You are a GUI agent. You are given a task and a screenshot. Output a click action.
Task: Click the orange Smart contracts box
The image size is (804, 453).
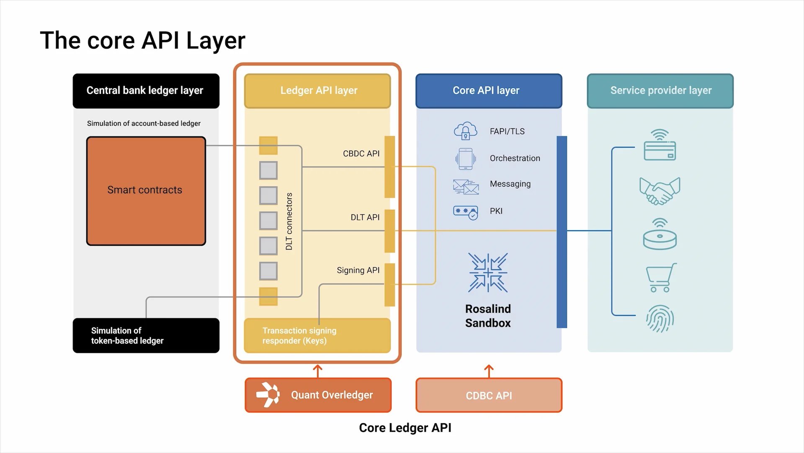pos(146,191)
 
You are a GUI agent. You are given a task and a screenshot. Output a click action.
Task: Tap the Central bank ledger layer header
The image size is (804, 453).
pos(146,91)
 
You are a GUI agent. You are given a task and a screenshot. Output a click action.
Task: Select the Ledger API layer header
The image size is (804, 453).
pos(317,91)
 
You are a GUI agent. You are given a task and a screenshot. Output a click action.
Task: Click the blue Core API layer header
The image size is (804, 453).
pos(488,91)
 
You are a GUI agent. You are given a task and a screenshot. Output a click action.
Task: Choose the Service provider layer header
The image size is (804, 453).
pos(660,91)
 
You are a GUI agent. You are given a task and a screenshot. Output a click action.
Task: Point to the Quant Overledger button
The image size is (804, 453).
pos(318,395)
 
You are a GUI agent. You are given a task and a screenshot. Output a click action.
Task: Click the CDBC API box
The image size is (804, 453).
pos(489,396)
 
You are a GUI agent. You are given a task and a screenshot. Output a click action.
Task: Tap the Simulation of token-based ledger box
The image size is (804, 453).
pos(146,336)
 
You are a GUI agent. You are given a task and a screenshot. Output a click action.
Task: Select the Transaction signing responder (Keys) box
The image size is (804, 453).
pos(317,336)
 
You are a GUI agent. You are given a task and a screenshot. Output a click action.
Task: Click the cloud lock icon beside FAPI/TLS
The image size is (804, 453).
pos(465,131)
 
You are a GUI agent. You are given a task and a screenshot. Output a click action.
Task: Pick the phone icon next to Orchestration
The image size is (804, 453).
pos(465,159)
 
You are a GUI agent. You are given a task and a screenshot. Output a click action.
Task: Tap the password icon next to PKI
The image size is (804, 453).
pos(466,212)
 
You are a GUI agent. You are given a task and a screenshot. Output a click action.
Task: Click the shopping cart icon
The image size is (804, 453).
pos(661,277)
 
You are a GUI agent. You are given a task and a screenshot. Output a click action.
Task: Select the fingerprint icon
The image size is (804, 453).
pos(660,319)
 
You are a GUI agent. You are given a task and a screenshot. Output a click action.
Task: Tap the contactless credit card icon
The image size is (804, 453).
pos(660,145)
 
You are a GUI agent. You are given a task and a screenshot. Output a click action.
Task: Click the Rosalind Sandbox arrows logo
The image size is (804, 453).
pos(488,273)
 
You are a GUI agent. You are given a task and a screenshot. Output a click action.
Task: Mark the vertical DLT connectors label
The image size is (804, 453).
pos(289,221)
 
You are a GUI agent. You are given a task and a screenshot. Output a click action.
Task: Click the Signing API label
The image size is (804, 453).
pos(358,270)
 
